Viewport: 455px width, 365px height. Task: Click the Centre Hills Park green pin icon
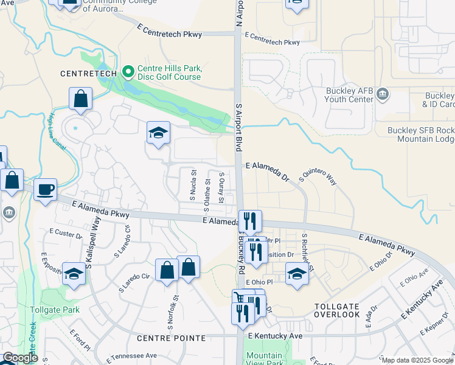pyautogui.click(x=128, y=72)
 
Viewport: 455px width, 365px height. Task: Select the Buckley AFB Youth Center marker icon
pyautogui.click(x=383, y=94)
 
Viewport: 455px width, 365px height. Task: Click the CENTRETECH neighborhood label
pyautogui.click(x=89, y=74)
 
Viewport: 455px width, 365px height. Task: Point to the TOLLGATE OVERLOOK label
pyautogui.click(x=337, y=310)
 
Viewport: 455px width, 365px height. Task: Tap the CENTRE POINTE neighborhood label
pyautogui.click(x=172, y=338)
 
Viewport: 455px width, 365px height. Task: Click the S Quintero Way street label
pyautogui.click(x=318, y=178)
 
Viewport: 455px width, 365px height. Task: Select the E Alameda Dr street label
pyautogui.click(x=267, y=165)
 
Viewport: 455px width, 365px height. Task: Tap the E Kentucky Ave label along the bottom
pyautogui.click(x=274, y=336)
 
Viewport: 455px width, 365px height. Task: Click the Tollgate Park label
pyautogui.click(x=55, y=310)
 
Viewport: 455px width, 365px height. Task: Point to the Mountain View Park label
pyautogui.click(x=264, y=359)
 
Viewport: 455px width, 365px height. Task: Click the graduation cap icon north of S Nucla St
pyautogui.click(x=158, y=133)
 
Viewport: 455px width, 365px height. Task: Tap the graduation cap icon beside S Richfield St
pyautogui.click(x=297, y=273)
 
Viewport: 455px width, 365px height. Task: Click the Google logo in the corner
pyautogui.click(x=19, y=358)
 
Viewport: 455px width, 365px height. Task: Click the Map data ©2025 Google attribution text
pyautogui.click(x=417, y=360)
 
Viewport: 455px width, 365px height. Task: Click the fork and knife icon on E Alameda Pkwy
pyautogui.click(x=251, y=221)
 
